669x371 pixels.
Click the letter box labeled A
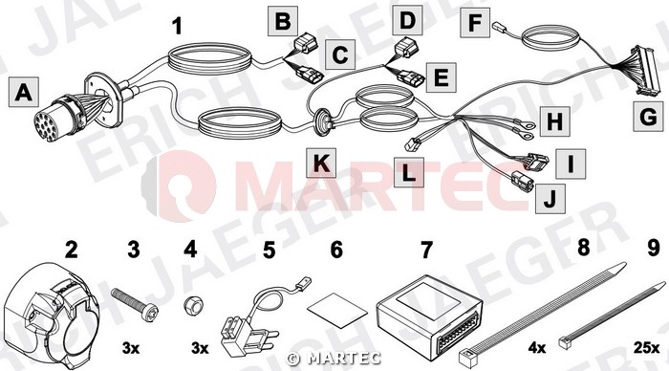(x=24, y=92)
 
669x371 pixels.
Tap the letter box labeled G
(x=649, y=116)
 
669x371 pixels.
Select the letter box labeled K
(x=321, y=163)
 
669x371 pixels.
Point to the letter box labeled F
(x=474, y=22)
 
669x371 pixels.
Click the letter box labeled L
(x=409, y=172)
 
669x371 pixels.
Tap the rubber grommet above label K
(x=323, y=121)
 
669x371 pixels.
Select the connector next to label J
(x=521, y=181)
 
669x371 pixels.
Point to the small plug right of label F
(x=499, y=28)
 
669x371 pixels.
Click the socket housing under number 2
(x=51, y=316)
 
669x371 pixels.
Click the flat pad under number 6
(x=337, y=311)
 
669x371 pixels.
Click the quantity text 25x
(x=646, y=348)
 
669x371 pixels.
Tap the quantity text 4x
(x=537, y=348)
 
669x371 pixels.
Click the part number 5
(x=269, y=250)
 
